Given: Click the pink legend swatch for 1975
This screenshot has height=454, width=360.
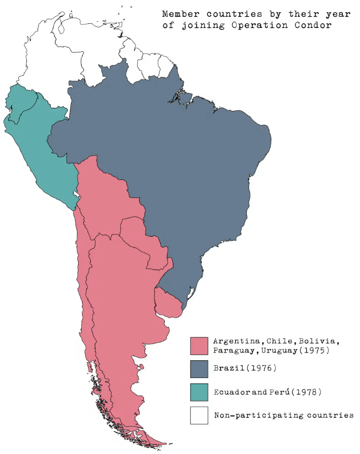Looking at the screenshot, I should point(199,346).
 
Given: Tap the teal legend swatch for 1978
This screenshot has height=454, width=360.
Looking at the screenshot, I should point(199,392).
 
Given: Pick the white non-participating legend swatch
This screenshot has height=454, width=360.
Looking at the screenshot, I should point(199,415).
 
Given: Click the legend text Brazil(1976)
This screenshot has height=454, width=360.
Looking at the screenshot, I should point(245,368).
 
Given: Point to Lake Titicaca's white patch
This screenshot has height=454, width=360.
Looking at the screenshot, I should point(76,194).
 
